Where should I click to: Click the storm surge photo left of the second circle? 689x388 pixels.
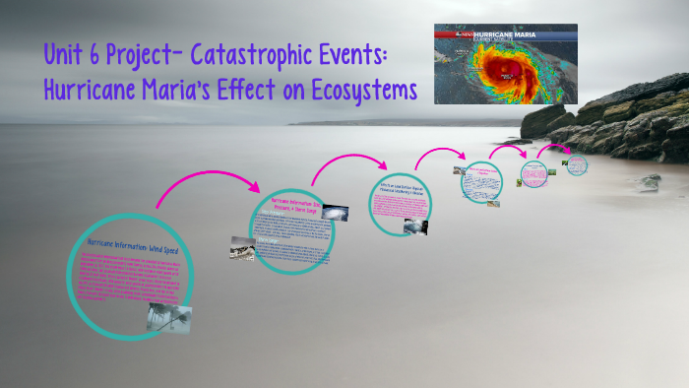tap(244, 247)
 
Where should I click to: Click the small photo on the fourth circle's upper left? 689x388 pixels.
tap(459, 170)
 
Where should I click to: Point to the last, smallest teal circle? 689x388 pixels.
tap(576, 164)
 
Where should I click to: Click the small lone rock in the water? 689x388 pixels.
tap(649, 182)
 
